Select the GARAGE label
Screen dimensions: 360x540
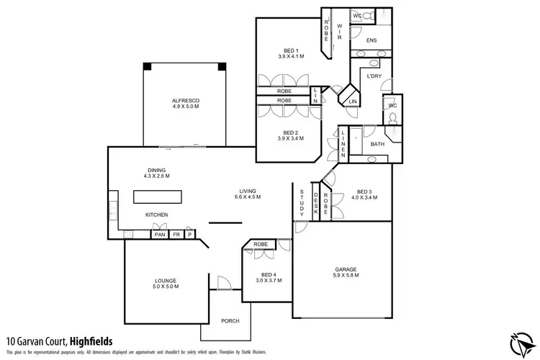click(345, 269)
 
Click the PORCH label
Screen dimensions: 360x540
click(230, 320)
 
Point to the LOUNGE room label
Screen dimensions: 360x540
click(166, 280)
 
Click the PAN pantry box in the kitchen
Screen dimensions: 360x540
click(159, 234)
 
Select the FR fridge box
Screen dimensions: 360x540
click(176, 234)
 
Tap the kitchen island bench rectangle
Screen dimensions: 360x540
click(156, 197)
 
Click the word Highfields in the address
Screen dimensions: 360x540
click(86, 341)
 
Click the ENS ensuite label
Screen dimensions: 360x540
click(372, 41)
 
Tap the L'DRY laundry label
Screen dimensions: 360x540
click(374, 76)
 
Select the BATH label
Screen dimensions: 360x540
click(377, 144)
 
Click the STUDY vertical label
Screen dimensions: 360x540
click(302, 202)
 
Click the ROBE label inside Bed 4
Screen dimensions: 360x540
click(261, 244)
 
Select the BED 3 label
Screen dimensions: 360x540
click(364, 191)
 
